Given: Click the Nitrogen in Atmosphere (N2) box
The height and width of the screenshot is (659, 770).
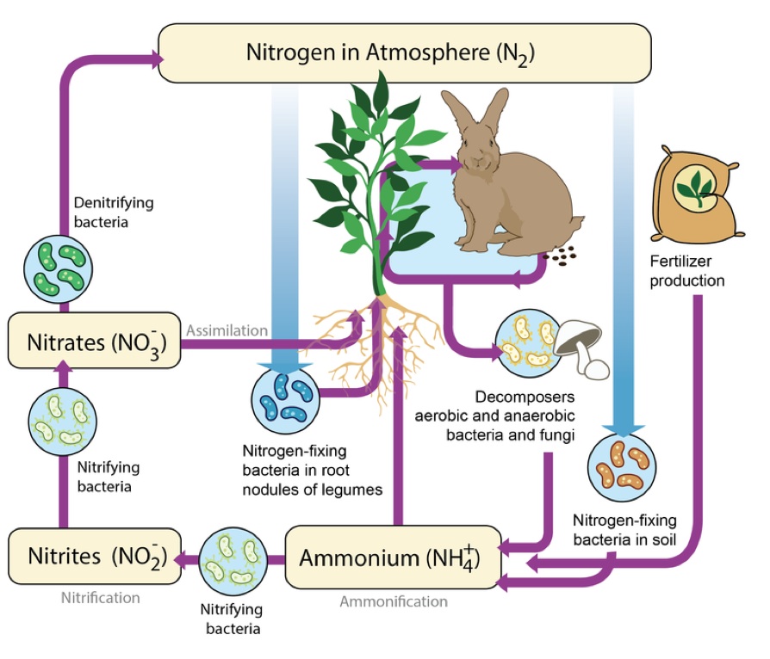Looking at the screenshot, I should pyautogui.click(x=403, y=52).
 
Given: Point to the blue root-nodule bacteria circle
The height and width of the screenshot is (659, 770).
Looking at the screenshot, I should pyautogui.click(x=285, y=396).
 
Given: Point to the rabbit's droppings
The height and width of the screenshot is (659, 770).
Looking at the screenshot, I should pyautogui.click(x=565, y=255).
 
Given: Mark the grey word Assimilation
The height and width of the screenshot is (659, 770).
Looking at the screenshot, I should pyautogui.click(x=226, y=329).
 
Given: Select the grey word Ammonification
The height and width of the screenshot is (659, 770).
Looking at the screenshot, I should pyautogui.click(x=394, y=601).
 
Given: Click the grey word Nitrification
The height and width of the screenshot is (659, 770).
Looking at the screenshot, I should pyautogui.click(x=101, y=597).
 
